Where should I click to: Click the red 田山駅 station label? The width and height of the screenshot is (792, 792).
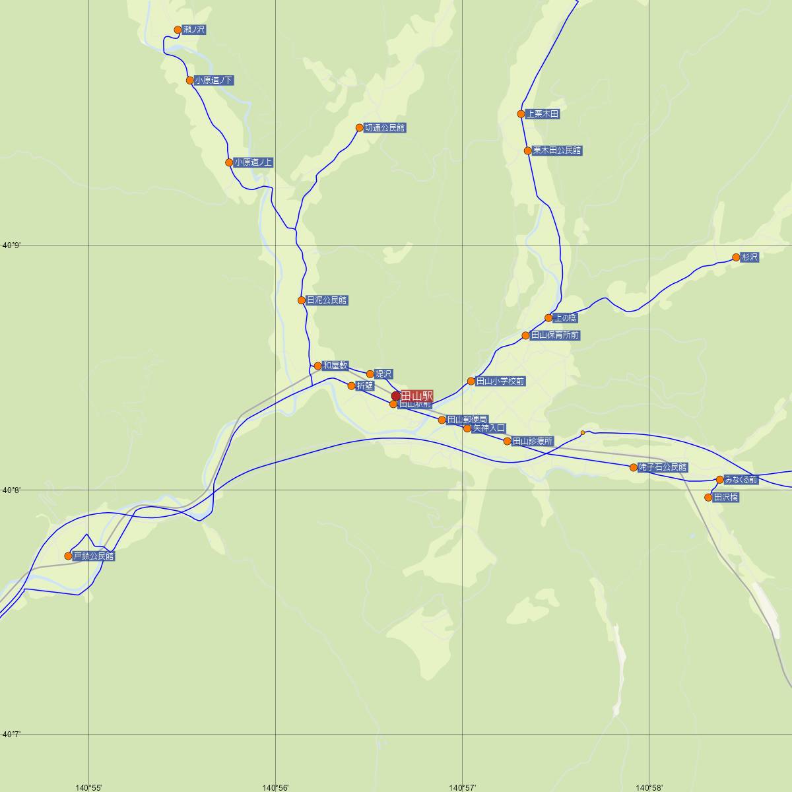[x=416, y=395]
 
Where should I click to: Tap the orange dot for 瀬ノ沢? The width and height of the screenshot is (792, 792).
[x=178, y=30]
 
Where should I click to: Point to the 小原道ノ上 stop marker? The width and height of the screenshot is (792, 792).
[x=229, y=162]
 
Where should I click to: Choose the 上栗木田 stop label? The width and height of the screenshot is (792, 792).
[x=543, y=114]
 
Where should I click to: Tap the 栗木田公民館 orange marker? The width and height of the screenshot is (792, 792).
[x=528, y=151]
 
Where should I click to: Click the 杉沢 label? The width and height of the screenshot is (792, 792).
[x=750, y=257]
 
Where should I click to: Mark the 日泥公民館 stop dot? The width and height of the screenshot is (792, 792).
[x=302, y=300]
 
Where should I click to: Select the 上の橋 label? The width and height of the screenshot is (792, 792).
[x=566, y=318]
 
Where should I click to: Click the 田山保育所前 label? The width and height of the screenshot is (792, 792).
[x=555, y=336]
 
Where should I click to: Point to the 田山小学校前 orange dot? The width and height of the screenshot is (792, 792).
[x=471, y=381]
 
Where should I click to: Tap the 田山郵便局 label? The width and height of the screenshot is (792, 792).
[x=467, y=420]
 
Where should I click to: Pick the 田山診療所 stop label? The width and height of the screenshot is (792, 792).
[x=533, y=442]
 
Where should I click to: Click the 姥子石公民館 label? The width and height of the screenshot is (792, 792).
[x=663, y=468]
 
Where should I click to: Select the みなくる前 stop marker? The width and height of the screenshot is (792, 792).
[x=720, y=480]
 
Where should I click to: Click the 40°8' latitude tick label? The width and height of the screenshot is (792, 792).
[x=12, y=490]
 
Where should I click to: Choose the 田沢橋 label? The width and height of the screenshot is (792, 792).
[x=726, y=498]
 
